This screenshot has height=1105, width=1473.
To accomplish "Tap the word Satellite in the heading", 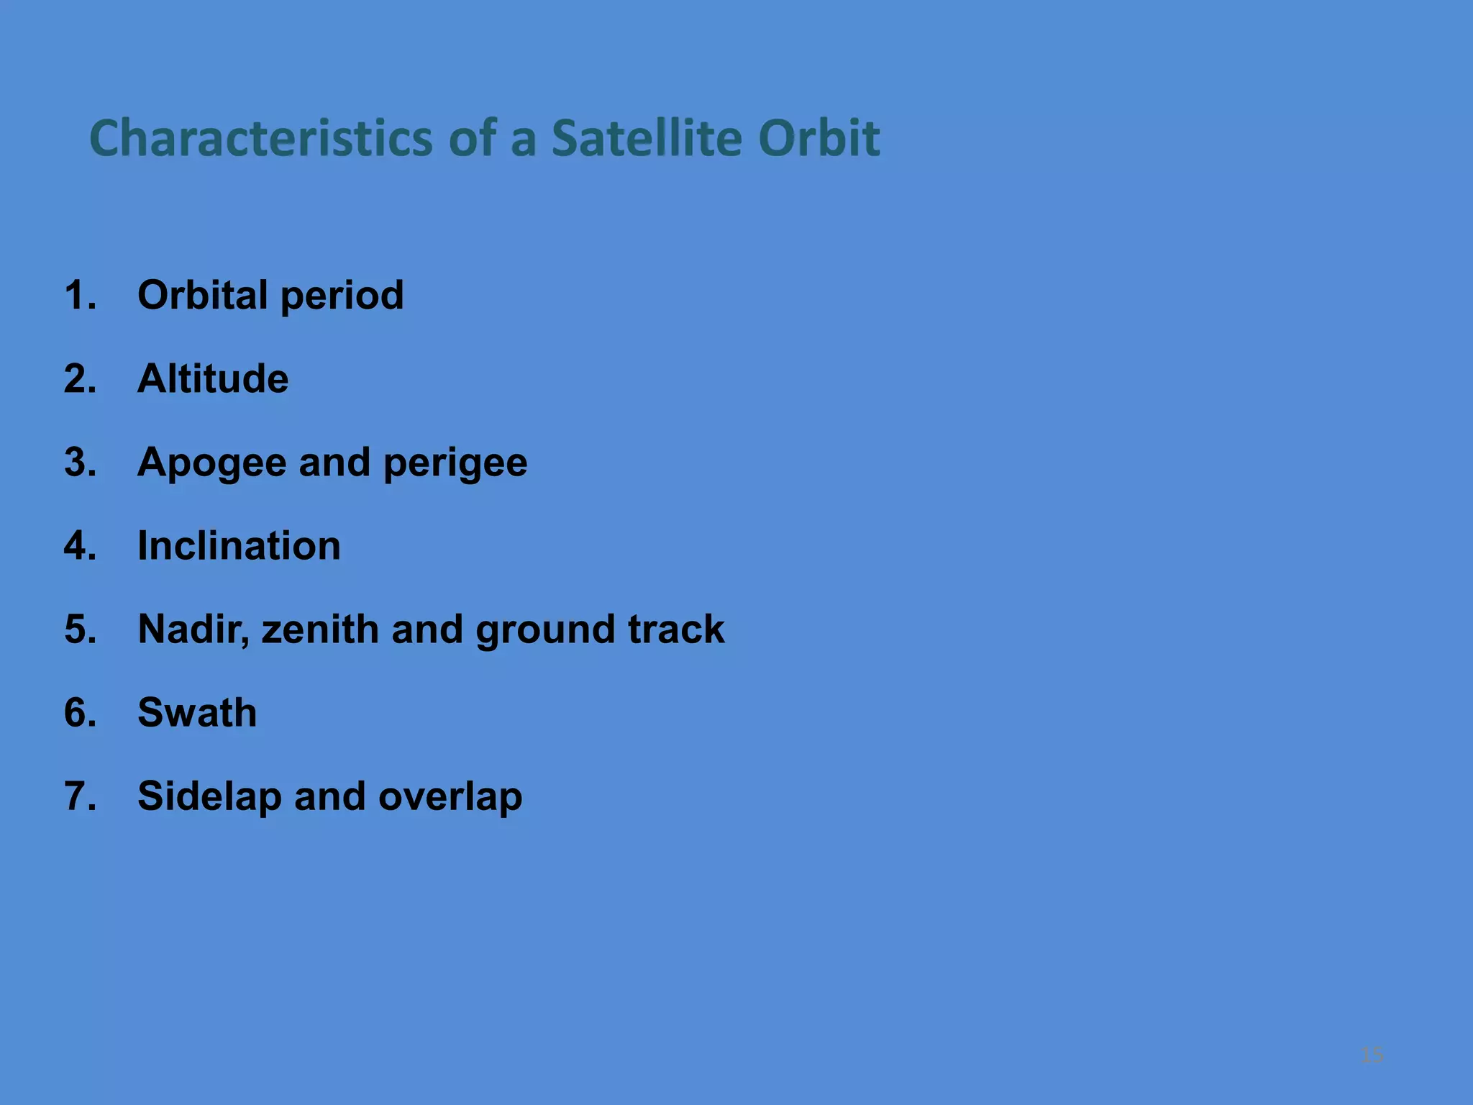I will [x=646, y=138].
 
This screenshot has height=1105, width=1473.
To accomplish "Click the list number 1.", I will [x=79, y=295].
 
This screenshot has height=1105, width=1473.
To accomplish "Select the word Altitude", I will [x=213, y=378].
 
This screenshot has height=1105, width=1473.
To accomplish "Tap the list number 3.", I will [x=79, y=462].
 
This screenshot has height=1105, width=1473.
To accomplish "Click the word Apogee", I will [x=211, y=463].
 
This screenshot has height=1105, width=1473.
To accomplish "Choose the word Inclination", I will [x=239, y=545].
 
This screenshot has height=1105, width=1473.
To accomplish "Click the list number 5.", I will [x=79, y=629].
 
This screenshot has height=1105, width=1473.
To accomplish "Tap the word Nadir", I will [x=193, y=630].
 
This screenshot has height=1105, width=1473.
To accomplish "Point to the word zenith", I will [x=319, y=629].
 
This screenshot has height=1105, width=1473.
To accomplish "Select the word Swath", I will [x=197, y=712].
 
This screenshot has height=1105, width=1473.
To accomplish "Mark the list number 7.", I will [x=79, y=796].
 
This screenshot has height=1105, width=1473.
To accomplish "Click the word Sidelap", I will [x=209, y=797].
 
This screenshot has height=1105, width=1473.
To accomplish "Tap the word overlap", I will [x=450, y=797].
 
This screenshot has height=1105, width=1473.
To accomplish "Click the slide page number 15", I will [x=1372, y=1055].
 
